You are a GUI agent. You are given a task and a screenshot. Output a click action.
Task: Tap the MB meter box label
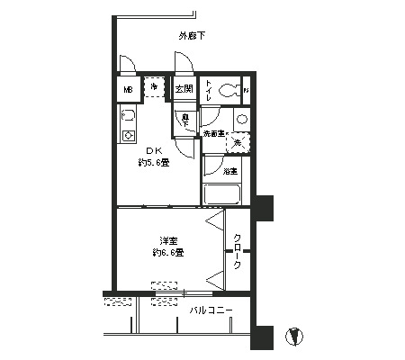pos(128,90)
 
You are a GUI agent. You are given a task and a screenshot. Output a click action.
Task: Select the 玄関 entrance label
pos(184,89)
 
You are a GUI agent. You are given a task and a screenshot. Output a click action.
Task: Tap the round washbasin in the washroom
pos(242,120)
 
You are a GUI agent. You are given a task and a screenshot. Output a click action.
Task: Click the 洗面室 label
pos(213,133)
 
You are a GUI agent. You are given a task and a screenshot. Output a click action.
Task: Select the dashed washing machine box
pos(238,141)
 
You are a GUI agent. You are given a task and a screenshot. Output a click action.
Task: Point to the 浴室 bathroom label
pos(229,170)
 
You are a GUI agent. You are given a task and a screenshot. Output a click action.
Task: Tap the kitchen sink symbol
pos(128,117)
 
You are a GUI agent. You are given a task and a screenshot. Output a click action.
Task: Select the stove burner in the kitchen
pos(128,135)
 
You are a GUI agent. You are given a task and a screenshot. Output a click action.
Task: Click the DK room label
pos(153,150)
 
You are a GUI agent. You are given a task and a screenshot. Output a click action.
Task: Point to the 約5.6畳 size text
pos(153,162)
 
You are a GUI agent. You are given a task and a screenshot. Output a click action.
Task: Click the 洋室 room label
pos(167,240)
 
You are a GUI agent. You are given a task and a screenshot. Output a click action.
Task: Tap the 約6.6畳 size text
pos(167,253)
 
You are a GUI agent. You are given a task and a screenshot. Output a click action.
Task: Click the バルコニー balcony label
pos(211,311)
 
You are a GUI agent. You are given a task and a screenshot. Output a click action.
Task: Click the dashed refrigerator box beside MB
pos(155,88)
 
